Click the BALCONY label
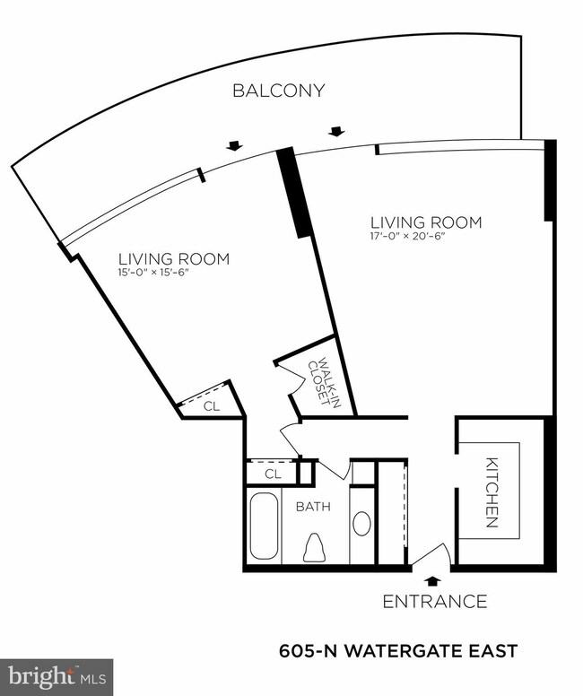click(x=278, y=91)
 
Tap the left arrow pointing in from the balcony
click(x=234, y=146)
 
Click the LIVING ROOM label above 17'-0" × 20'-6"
click(x=426, y=222)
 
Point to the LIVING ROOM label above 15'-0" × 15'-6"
click(x=171, y=259)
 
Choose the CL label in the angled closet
click(x=211, y=405)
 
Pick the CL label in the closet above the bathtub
click(x=274, y=472)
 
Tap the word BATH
click(x=313, y=506)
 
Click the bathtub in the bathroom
click(x=264, y=526)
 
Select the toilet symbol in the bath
click(x=314, y=546)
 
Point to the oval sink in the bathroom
click(x=361, y=523)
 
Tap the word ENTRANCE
click(x=435, y=601)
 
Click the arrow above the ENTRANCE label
click(x=434, y=580)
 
